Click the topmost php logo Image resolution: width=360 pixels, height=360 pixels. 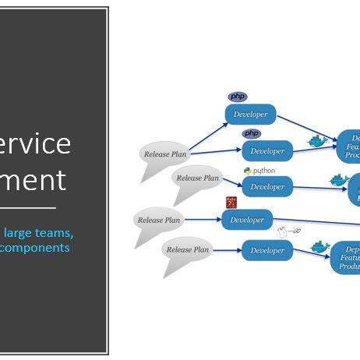point(238,97)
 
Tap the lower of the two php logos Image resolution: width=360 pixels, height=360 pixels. point(252,134)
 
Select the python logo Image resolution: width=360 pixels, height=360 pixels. point(259,170)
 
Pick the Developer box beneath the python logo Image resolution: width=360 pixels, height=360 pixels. point(267,186)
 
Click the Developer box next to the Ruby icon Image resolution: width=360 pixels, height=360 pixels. point(247,220)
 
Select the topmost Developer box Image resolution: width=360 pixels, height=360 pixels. point(251,115)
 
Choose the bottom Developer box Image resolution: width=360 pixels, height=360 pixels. point(267,251)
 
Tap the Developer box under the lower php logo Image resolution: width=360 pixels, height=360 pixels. point(267,150)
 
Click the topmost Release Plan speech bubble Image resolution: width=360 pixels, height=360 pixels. point(164,153)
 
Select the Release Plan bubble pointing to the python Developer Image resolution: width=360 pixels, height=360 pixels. point(197,178)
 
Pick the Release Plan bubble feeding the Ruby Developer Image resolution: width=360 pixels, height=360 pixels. point(158,220)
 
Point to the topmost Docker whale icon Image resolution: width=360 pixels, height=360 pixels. point(316,142)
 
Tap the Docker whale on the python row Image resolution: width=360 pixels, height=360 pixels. point(337,181)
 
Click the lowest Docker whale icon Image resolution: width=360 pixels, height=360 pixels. point(320,246)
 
